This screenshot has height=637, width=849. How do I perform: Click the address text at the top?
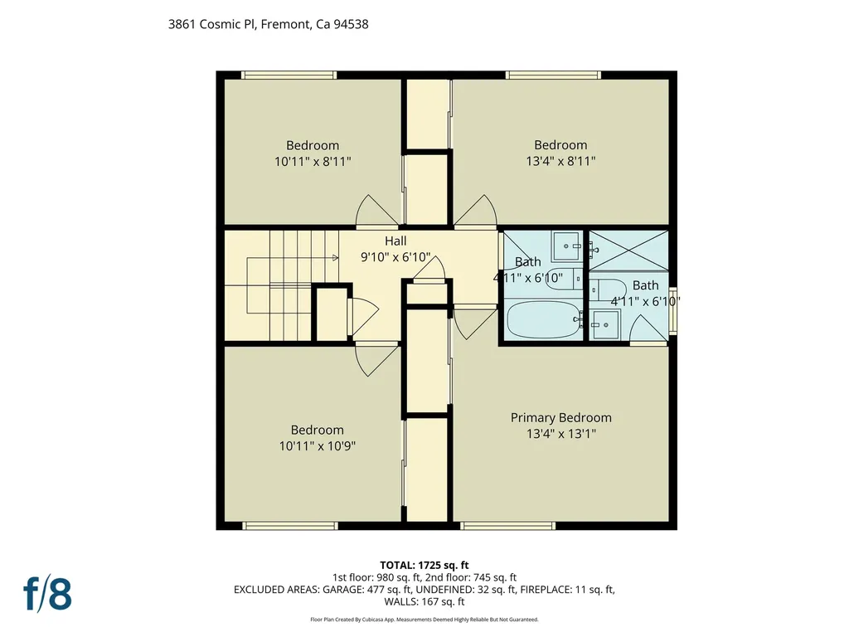point(268,25)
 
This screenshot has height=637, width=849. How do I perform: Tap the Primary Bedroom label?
point(560,417)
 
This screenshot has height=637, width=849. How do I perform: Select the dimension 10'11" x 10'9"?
point(317,446)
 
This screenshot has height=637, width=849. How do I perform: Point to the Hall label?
point(395,241)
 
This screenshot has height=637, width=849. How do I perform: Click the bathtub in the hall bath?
point(541,319)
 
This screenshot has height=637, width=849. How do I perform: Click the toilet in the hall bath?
point(563,282)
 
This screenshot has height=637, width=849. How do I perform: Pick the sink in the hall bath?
point(568,246)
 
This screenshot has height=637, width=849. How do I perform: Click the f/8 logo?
point(47,594)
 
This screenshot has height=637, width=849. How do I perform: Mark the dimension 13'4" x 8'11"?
point(560,162)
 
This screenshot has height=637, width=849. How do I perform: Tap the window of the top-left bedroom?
point(289,75)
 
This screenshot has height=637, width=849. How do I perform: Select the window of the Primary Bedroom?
point(507,525)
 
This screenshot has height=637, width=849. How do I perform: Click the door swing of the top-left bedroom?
point(376,212)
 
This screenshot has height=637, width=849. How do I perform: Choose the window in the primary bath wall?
point(672,311)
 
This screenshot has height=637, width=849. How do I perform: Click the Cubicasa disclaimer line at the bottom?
point(424,620)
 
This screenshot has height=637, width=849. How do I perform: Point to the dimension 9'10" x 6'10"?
point(395,257)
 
